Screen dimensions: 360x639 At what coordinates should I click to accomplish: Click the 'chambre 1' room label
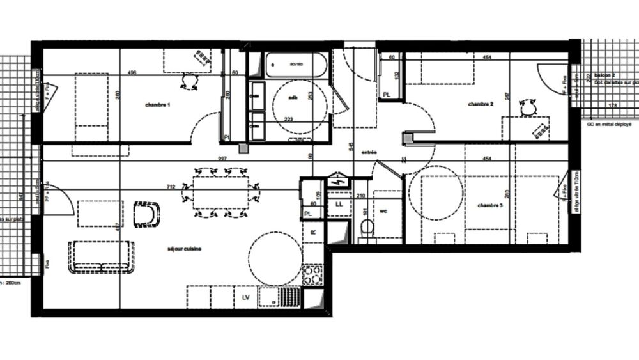(x=157, y=104)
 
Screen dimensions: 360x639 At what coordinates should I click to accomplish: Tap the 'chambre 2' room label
(x=481, y=104)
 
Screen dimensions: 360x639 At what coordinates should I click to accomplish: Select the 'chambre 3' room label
(x=490, y=205)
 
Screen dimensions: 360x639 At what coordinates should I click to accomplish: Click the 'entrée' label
(x=369, y=152)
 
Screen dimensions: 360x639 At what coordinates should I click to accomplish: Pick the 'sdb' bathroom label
(x=293, y=98)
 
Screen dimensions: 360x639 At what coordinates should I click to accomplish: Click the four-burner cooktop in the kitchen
(x=312, y=275)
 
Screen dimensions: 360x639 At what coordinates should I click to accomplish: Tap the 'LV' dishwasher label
(x=245, y=297)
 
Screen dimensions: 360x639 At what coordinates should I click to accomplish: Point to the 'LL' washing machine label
(x=339, y=205)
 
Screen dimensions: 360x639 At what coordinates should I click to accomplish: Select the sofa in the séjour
(x=102, y=257)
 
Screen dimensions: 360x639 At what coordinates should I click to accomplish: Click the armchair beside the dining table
(x=147, y=214)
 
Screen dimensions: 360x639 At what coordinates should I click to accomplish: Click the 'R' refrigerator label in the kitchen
(x=312, y=233)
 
